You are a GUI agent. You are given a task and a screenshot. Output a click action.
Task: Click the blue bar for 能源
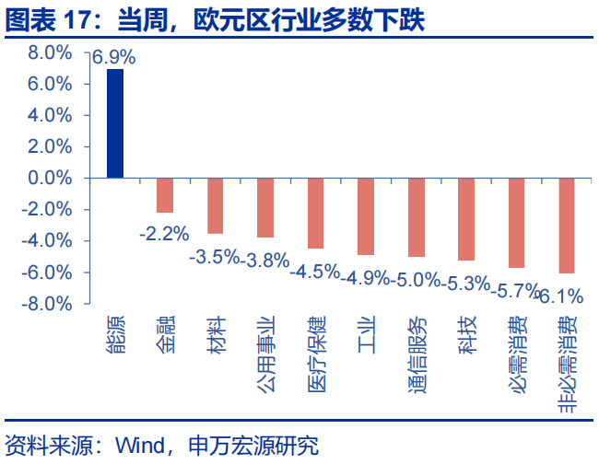[x=115, y=123]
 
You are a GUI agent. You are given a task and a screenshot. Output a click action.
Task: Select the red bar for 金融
[x=165, y=195]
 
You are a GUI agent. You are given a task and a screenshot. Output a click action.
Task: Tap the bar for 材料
[x=215, y=205]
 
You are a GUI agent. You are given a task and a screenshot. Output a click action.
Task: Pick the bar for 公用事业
[x=265, y=208]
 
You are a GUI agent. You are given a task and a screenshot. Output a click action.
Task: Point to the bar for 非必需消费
[x=566, y=226]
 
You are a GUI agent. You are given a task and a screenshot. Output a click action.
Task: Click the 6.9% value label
[x=113, y=57]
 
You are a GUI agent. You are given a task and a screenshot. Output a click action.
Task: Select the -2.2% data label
[x=164, y=234]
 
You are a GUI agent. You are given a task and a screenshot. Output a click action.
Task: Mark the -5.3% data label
[x=465, y=284]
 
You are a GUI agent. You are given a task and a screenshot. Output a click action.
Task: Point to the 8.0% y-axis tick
[x=50, y=53]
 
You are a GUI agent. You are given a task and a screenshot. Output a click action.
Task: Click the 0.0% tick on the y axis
[x=50, y=178]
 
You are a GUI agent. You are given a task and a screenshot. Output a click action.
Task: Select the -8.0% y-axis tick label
[x=48, y=303]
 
